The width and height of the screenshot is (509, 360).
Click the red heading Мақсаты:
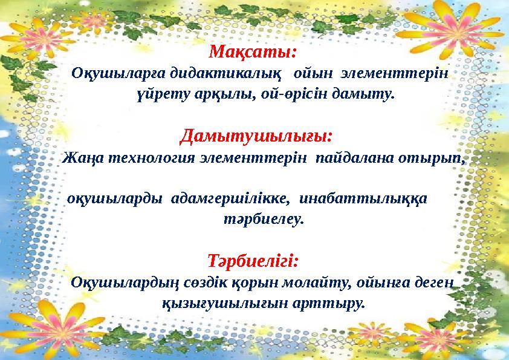253,51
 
